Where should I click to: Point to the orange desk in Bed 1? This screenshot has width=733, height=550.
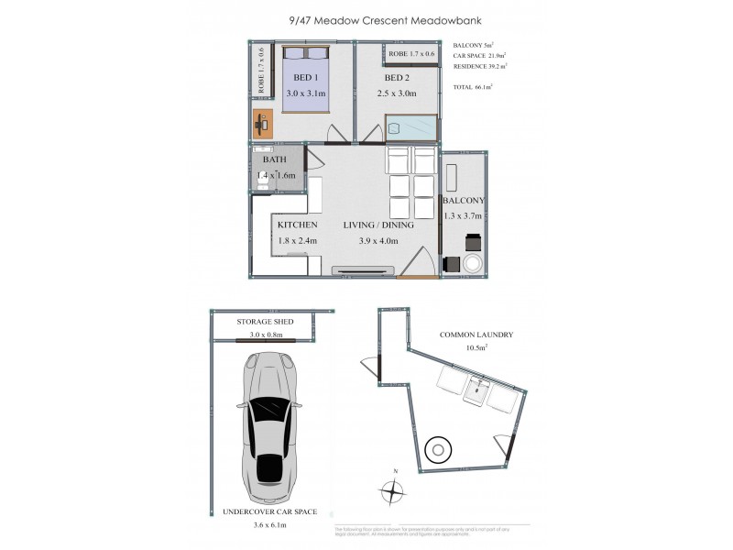point(263,121)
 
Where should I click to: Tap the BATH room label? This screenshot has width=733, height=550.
point(275,159)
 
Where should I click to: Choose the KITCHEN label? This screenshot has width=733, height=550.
point(297,225)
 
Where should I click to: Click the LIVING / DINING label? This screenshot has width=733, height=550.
point(378,225)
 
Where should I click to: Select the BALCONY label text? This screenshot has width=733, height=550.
point(464,201)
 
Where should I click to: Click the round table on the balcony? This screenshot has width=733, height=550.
point(475,264)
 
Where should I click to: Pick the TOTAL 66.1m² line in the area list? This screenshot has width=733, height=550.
point(473,86)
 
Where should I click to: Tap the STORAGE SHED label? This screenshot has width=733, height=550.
point(266,323)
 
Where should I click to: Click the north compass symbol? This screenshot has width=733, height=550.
point(393,491)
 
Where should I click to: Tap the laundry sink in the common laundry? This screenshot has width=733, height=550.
point(476,391)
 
